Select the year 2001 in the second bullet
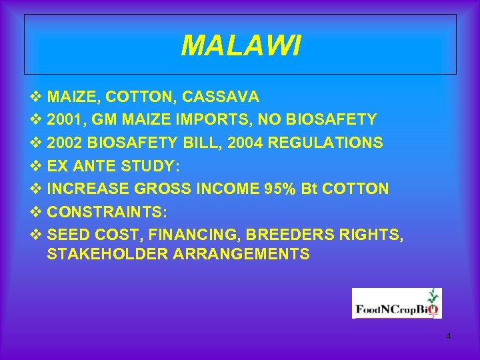[65, 120]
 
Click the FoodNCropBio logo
[397, 303]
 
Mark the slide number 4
[448, 337]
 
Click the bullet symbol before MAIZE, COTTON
[36, 97]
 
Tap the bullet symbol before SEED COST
[36, 235]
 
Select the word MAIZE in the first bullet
[71, 97]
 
